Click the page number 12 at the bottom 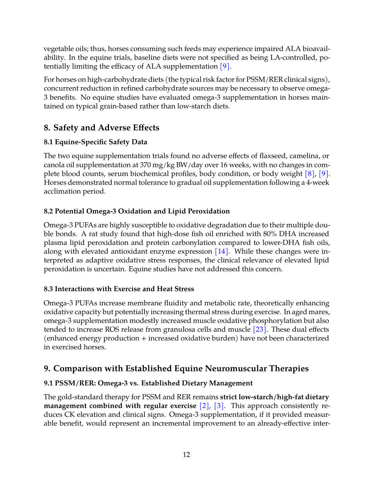click(x=186, y=455)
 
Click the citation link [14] click(x=222, y=251)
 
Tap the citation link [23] click(x=260, y=329)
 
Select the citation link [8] click(x=310, y=174)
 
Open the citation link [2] click(x=204, y=406)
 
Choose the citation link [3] click(x=219, y=406)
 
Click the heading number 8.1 click(x=48, y=142)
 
